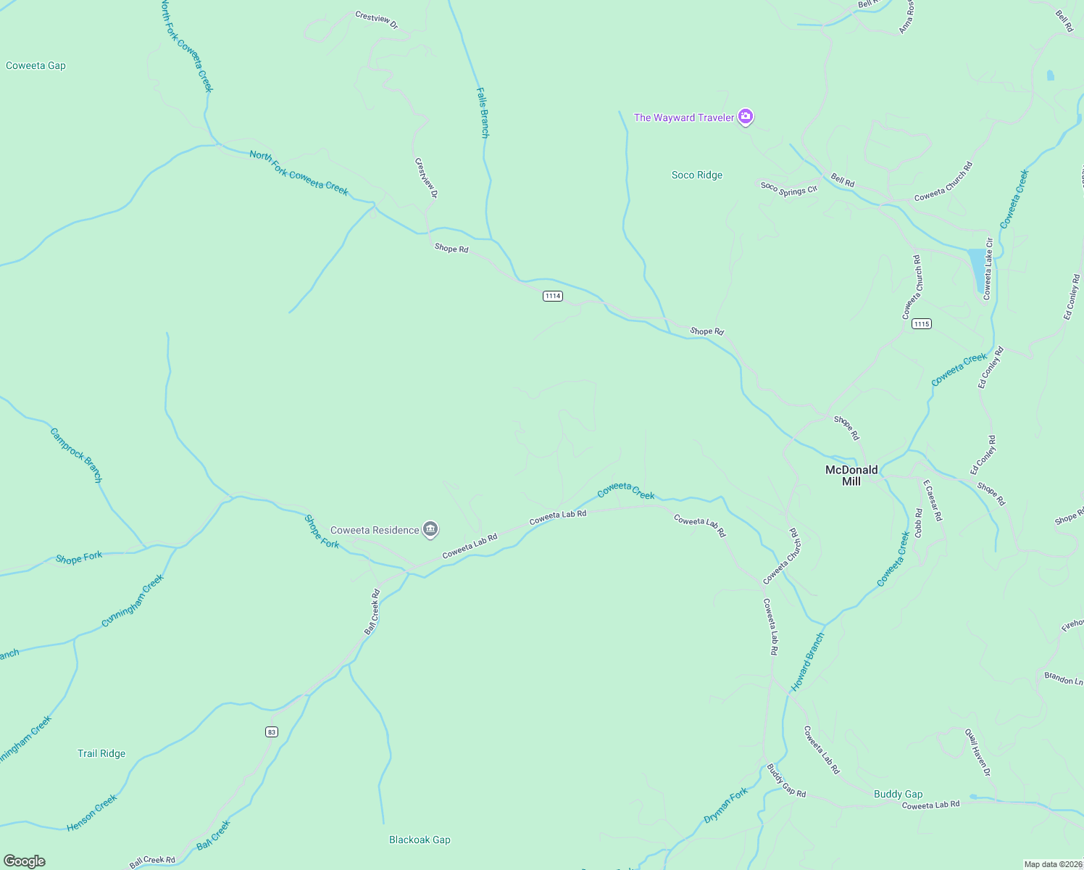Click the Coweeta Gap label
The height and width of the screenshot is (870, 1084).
pyautogui.click(x=36, y=66)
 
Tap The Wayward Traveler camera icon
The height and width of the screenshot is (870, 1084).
pyautogui.click(x=745, y=117)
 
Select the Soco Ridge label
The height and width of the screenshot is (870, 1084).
pyautogui.click(x=696, y=175)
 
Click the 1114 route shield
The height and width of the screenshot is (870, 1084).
pyautogui.click(x=553, y=296)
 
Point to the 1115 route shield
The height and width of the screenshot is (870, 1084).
pyautogui.click(x=921, y=323)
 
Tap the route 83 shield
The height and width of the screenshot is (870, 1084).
pyautogui.click(x=272, y=732)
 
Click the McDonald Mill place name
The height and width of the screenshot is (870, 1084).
pyautogui.click(x=851, y=476)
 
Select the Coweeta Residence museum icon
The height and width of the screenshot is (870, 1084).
pyautogui.click(x=430, y=530)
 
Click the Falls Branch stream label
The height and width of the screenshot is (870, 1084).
pyautogui.click(x=483, y=112)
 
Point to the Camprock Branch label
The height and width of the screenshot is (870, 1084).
pyautogui.click(x=76, y=455)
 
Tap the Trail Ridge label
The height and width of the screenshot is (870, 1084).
pyautogui.click(x=101, y=754)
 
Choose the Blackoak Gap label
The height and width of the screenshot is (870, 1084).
pyautogui.click(x=420, y=840)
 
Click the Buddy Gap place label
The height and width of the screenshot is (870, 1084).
pyautogui.click(x=898, y=795)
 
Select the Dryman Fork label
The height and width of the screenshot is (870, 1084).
pyautogui.click(x=725, y=806)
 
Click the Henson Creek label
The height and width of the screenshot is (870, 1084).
pyautogui.click(x=92, y=813)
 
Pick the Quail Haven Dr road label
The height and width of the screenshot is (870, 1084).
pyautogui.click(x=977, y=753)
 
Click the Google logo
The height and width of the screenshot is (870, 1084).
pyautogui.click(x=25, y=861)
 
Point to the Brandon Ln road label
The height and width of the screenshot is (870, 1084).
pyautogui.click(x=1063, y=679)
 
